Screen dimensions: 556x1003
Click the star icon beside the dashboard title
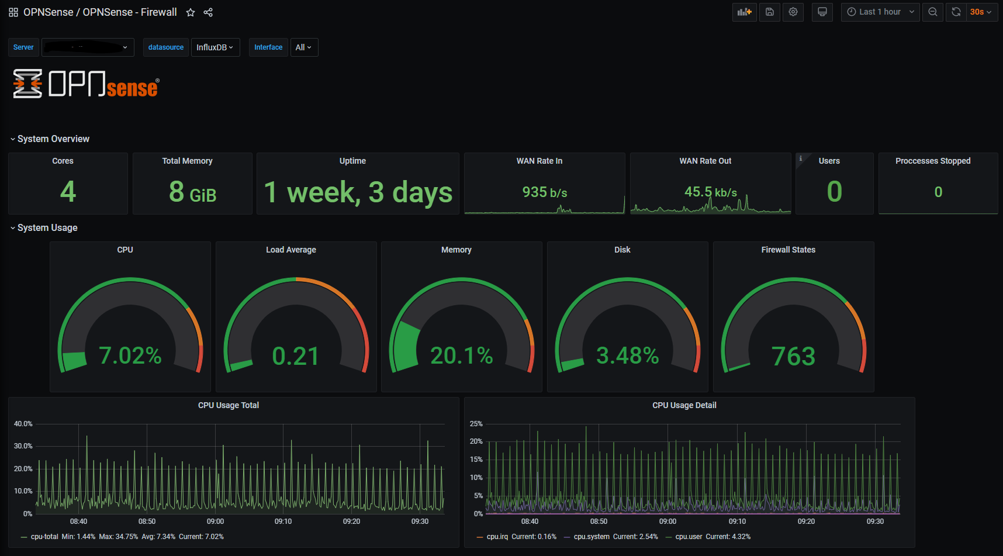point(191,12)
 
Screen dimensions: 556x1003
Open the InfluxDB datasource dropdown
point(215,47)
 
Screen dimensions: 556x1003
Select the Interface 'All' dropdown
point(304,47)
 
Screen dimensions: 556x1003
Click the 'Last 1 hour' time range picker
point(880,12)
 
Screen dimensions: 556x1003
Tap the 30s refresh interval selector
point(981,12)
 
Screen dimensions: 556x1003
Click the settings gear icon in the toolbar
point(793,12)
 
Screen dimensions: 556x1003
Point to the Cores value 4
point(68,192)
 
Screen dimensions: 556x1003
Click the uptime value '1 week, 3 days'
point(358,192)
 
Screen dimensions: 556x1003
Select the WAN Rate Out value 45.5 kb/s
point(710,192)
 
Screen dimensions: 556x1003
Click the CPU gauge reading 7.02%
point(130,355)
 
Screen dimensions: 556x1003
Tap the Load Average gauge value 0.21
point(296,356)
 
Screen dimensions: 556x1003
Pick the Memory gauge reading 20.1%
point(461,355)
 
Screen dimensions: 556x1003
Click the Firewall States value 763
point(793,356)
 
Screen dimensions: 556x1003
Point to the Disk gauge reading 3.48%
point(627,355)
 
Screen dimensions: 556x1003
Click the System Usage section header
point(47,227)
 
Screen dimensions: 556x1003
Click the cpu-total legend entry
point(44,537)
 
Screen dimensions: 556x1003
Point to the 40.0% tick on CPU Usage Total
point(23,424)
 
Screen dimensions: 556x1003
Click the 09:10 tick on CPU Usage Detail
point(737,522)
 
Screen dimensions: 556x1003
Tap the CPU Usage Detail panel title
point(684,405)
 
